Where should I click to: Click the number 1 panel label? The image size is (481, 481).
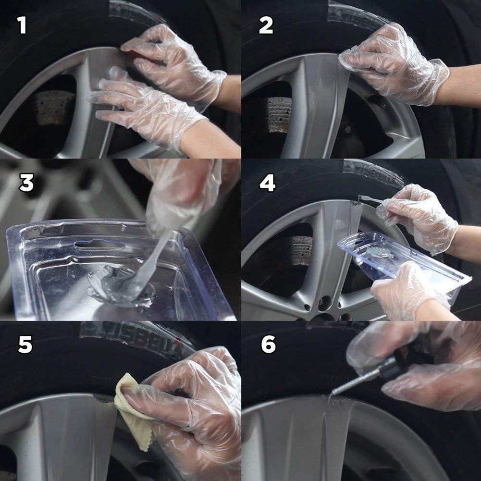(21, 25)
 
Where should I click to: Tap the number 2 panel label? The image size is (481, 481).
(266, 25)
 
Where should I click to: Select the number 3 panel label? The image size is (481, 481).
(26, 183)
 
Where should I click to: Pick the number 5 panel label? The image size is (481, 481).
(25, 345)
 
